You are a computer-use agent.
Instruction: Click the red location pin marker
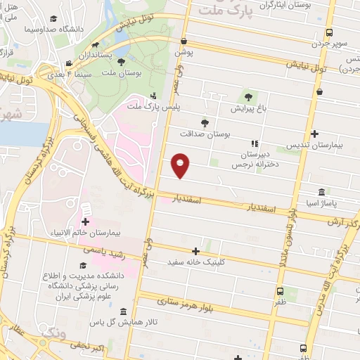click(181, 165)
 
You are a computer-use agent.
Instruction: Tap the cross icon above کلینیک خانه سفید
click(196, 251)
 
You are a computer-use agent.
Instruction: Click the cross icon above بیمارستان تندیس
click(314, 134)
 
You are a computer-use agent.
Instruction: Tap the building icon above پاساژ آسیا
click(321, 191)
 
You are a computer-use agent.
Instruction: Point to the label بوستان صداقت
click(205, 134)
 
